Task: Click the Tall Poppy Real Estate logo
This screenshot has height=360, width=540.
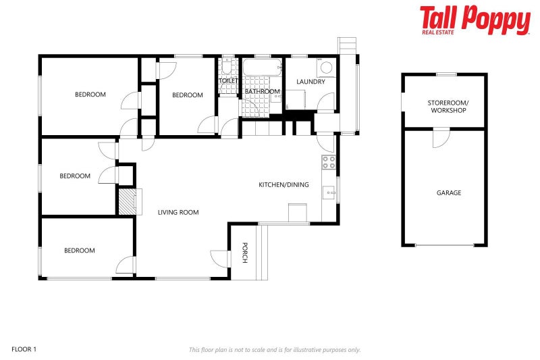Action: (475, 20)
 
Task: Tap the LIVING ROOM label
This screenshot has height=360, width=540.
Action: (178, 212)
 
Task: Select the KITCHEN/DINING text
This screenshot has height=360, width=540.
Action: (284, 184)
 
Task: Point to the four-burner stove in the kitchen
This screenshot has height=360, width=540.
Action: (329, 162)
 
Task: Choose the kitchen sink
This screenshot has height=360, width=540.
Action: (329, 192)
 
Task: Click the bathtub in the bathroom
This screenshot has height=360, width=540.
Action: (261, 68)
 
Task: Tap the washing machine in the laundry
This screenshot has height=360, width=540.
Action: (326, 68)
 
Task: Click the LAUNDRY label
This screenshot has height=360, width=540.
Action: (310, 82)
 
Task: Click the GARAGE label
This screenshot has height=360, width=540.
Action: (448, 192)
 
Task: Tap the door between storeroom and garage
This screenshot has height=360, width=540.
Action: (440, 138)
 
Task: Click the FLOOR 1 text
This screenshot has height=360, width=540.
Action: (24, 349)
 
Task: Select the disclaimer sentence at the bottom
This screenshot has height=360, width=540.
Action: (274, 350)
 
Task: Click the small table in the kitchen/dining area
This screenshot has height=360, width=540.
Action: (298, 213)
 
